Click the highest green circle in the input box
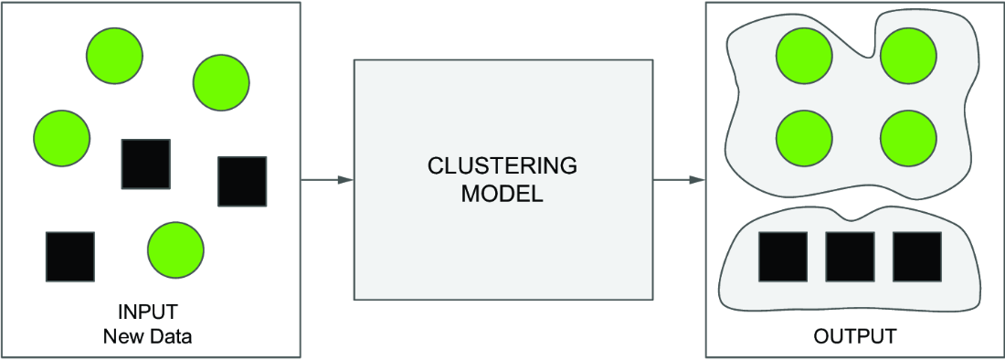[115, 56]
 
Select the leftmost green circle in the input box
[61, 138]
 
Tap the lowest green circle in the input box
[175, 249]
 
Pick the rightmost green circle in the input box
[221, 83]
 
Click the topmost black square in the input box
[146, 164]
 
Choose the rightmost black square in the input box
[242, 181]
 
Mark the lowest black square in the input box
[69, 256]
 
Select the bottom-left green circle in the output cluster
[804, 138]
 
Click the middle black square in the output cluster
[850, 257]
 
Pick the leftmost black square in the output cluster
[783, 257]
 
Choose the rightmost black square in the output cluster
[917, 257]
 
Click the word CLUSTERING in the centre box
[503, 166]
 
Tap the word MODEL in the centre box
[503, 194]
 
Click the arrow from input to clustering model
[327, 180]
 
